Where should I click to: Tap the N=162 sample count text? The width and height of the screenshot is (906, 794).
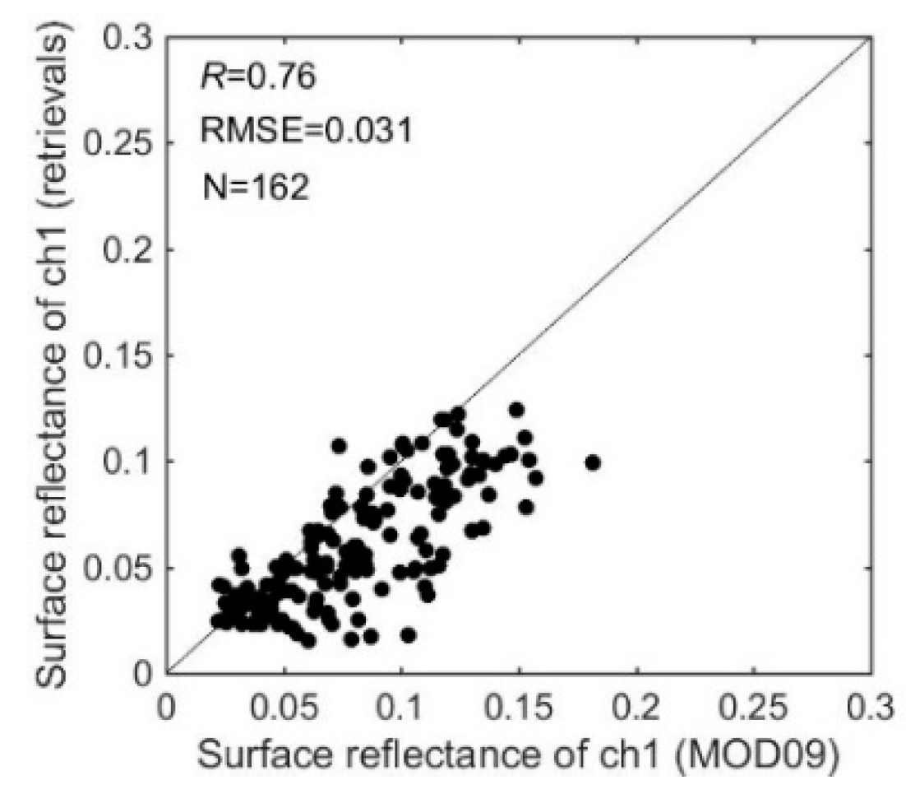(255, 187)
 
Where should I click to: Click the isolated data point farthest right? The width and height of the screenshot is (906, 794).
(592, 462)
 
